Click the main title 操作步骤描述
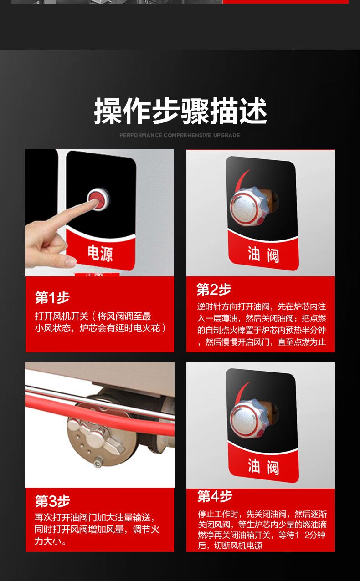(180, 111)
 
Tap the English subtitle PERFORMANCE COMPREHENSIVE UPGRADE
(180, 135)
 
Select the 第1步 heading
(52, 297)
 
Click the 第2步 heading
(214, 289)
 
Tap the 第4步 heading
(215, 496)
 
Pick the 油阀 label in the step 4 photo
(263, 467)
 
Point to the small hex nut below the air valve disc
(98, 463)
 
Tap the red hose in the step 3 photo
(98, 414)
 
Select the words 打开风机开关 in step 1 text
(62, 316)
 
